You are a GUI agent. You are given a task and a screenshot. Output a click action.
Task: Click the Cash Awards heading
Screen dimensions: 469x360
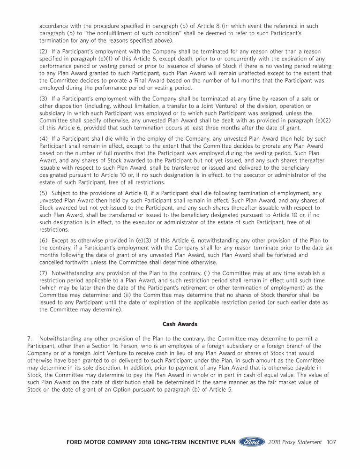tap(180, 324)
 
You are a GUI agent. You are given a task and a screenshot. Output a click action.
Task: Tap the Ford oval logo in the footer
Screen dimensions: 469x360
tap(252, 442)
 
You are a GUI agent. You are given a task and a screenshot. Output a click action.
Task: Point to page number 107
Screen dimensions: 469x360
tap(331, 442)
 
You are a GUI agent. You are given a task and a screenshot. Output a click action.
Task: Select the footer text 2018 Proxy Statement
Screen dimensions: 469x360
tap(295, 442)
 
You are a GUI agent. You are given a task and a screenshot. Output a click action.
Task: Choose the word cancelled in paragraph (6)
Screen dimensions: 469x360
tap(53, 262)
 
